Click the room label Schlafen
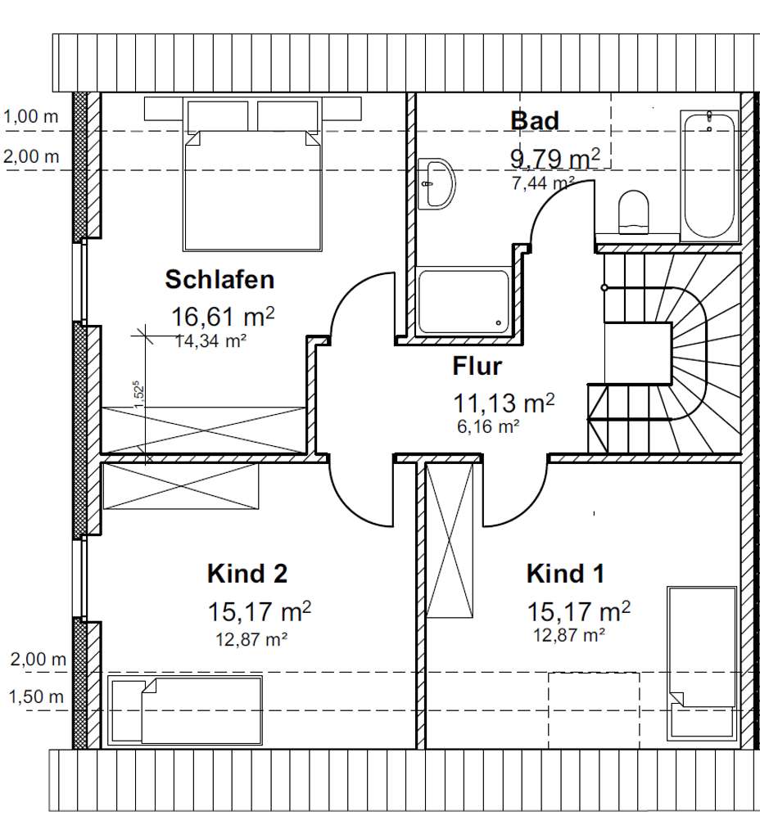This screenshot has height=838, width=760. click(x=219, y=280)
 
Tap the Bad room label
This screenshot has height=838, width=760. click(x=535, y=120)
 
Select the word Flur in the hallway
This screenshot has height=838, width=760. click(x=477, y=366)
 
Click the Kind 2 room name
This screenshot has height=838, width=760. click(x=247, y=574)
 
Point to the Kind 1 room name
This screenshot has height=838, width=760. click(x=565, y=574)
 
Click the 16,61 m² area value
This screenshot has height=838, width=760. click(x=222, y=316)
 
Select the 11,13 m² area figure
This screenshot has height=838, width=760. click(x=504, y=403)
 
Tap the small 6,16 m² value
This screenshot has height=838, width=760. click(x=489, y=426)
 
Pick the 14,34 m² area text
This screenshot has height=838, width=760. click(x=211, y=342)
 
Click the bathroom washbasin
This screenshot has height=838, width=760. click(x=437, y=183)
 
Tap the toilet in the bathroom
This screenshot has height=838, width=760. click(x=633, y=211)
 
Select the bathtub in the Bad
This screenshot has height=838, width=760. click(x=709, y=175)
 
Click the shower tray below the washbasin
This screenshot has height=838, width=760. click(x=463, y=301)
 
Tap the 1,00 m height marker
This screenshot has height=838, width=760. click(x=32, y=117)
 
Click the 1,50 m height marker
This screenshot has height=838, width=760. click(x=35, y=697)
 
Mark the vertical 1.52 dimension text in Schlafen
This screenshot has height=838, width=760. click(x=139, y=392)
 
